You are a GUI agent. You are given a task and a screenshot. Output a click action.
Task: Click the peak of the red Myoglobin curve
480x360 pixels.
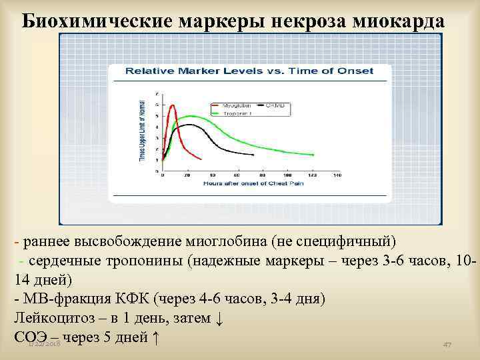pos(173,105)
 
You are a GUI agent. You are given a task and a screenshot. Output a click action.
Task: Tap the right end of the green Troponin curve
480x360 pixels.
pos(313,155)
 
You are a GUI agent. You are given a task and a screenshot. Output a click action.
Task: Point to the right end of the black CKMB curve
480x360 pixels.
pos(253,155)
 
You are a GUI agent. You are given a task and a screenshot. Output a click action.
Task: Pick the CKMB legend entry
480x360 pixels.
pos(274,105)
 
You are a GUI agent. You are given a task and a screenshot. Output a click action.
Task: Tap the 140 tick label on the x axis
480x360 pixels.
pos(337,175)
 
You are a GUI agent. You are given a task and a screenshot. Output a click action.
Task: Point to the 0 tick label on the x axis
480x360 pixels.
pos(163,175)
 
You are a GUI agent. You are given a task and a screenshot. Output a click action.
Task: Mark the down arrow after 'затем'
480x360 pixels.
pos(219,318)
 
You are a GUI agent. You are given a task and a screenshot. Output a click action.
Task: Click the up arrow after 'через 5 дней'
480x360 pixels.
pos(156,337)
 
